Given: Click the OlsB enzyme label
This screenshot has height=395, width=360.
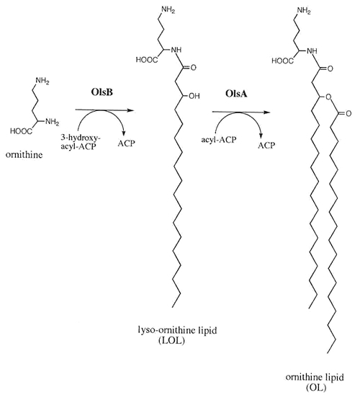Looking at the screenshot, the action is click(x=102, y=92).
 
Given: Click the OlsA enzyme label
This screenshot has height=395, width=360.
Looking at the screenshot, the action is click(x=236, y=94).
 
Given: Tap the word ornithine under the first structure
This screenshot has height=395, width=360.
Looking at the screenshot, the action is click(x=24, y=155).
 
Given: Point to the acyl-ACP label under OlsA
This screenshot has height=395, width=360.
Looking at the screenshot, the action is click(x=219, y=139).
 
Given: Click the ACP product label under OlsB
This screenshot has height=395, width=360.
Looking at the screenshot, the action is click(x=126, y=143).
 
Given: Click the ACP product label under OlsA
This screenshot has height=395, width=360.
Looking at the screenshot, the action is click(x=266, y=145).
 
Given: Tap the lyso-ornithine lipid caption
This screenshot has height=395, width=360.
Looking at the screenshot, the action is click(x=177, y=330).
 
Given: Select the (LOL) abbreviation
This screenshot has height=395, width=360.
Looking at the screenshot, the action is click(x=172, y=341).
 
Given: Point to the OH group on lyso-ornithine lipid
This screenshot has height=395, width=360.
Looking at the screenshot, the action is click(x=194, y=96).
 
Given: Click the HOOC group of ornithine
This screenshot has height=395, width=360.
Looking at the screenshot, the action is click(x=21, y=131).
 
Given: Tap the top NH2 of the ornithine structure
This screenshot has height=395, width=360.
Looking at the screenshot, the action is click(x=42, y=81).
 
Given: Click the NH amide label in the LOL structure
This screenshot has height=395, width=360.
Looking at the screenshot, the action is click(x=176, y=50).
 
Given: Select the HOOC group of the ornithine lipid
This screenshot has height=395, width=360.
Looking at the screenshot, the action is click(x=282, y=61).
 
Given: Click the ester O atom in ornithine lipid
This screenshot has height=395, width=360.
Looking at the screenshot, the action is click(x=328, y=97).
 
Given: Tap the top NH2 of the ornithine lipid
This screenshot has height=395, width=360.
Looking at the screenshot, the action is click(x=304, y=11).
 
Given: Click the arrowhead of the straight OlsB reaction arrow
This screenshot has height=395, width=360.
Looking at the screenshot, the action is click(x=130, y=110).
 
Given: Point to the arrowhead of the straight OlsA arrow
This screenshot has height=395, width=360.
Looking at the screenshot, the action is click(x=267, y=112).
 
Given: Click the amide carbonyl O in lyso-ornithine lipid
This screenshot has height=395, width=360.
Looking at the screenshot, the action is click(x=193, y=67).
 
